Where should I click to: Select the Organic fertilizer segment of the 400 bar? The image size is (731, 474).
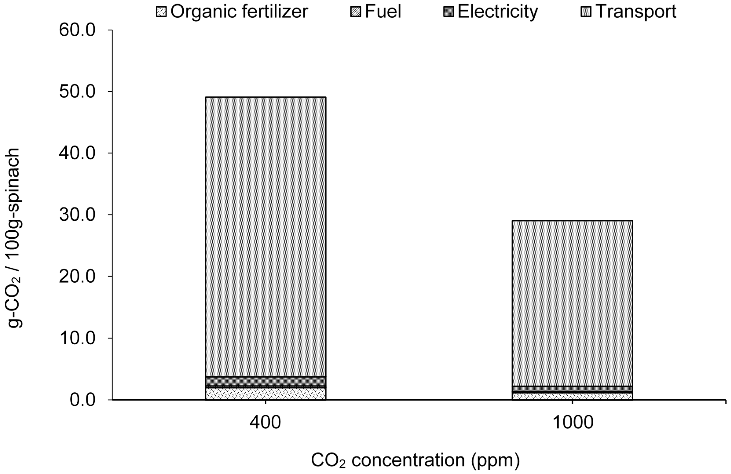tap(265, 394)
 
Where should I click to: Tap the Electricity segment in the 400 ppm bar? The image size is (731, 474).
tap(265, 381)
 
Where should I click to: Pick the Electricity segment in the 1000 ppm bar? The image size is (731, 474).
tap(572, 389)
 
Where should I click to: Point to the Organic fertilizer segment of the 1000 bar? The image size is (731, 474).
tap(572, 396)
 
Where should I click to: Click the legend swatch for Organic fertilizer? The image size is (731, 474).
tap(161, 12)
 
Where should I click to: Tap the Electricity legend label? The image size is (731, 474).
tap(498, 12)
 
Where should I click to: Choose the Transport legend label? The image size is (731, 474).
tap(636, 12)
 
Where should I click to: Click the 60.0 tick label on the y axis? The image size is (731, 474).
tap(77, 30)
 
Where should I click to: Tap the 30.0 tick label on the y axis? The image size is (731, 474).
tap(77, 215)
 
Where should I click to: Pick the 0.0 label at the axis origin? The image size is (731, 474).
tap(83, 400)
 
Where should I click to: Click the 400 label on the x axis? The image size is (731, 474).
tap(265, 422)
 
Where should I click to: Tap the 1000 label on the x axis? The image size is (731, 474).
tap(572, 422)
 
